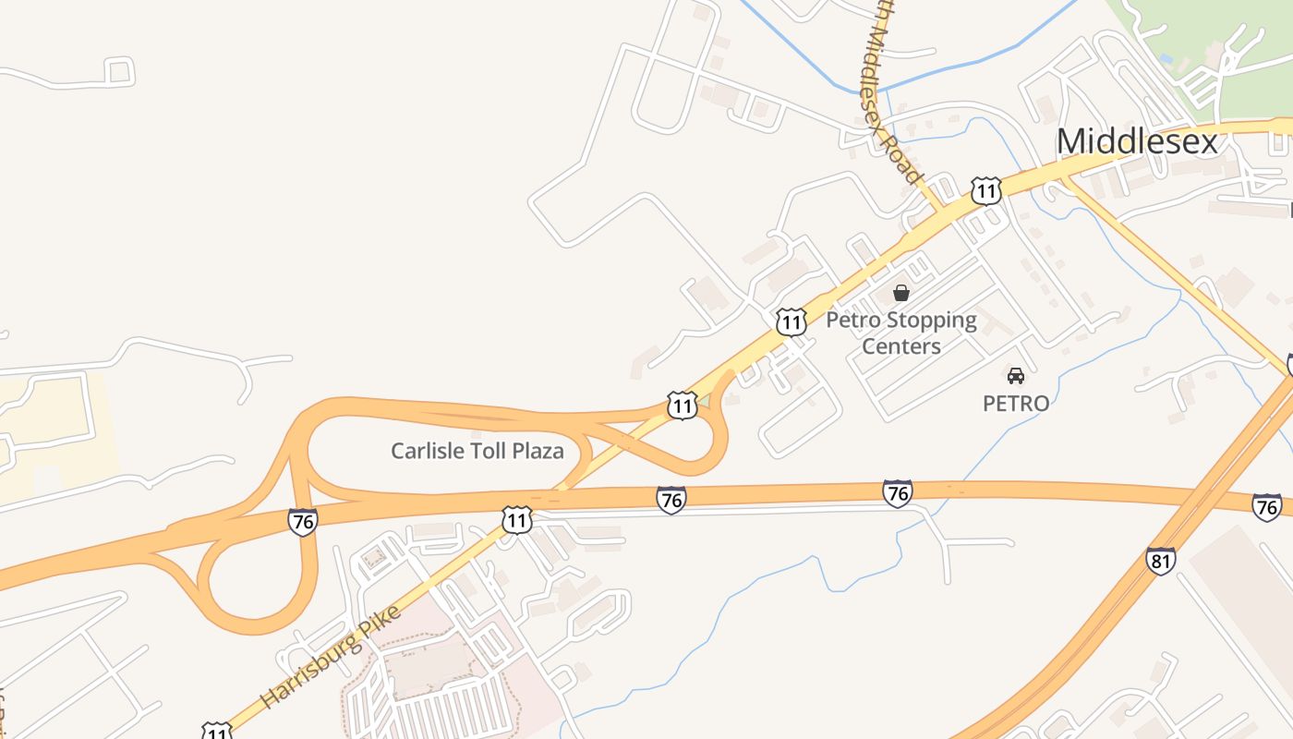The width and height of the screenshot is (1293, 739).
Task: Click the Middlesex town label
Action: click(1137, 141)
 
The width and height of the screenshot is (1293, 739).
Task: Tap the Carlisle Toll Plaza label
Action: click(477, 451)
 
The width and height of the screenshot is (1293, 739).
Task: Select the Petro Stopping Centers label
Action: click(900, 333)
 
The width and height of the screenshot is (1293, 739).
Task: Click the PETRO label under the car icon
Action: click(1015, 404)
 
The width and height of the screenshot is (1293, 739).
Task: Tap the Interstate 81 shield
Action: click(1161, 561)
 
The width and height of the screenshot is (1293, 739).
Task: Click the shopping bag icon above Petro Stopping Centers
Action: click(900, 293)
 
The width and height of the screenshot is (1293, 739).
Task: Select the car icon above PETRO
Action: click(1015, 375)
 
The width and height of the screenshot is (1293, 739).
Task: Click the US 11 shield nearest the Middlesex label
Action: click(985, 191)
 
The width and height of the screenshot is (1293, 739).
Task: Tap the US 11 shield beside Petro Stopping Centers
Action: click(791, 321)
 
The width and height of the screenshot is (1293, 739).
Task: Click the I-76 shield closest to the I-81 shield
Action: click(1266, 506)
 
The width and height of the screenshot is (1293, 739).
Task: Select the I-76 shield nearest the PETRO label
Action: click(897, 492)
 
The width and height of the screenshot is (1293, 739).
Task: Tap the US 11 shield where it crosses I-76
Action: click(516, 520)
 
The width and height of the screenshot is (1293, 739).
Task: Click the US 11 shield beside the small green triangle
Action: click(682, 405)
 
